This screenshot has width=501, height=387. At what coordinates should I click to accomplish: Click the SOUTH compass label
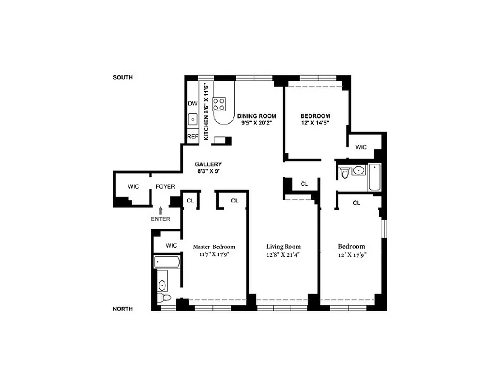[122, 77]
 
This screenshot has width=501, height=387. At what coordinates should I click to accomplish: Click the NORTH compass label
[122, 309]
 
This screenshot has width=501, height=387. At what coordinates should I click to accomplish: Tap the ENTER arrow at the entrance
[161, 210]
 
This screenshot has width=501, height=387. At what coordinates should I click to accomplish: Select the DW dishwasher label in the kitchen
[193, 104]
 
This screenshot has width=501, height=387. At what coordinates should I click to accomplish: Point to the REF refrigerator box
[193, 137]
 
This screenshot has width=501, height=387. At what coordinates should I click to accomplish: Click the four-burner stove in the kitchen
[219, 104]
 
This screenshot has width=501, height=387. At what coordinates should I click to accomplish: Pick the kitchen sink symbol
[193, 119]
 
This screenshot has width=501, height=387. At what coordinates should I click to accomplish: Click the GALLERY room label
[208, 164]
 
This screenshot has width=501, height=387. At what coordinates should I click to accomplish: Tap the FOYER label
[165, 187]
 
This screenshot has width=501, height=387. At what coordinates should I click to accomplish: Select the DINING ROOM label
[257, 116]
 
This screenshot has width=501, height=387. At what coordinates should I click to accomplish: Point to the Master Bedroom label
[214, 246]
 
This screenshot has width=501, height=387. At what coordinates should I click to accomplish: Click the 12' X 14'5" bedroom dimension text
[315, 123]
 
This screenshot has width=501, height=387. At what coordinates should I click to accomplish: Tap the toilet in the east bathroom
[345, 173]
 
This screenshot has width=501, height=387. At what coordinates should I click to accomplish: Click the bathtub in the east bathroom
[375, 177]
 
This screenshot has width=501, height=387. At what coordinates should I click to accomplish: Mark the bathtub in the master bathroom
[167, 262]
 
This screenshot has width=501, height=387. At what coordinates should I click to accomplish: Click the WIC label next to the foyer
[134, 187]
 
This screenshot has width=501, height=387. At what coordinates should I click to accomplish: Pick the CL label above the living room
[304, 184]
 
